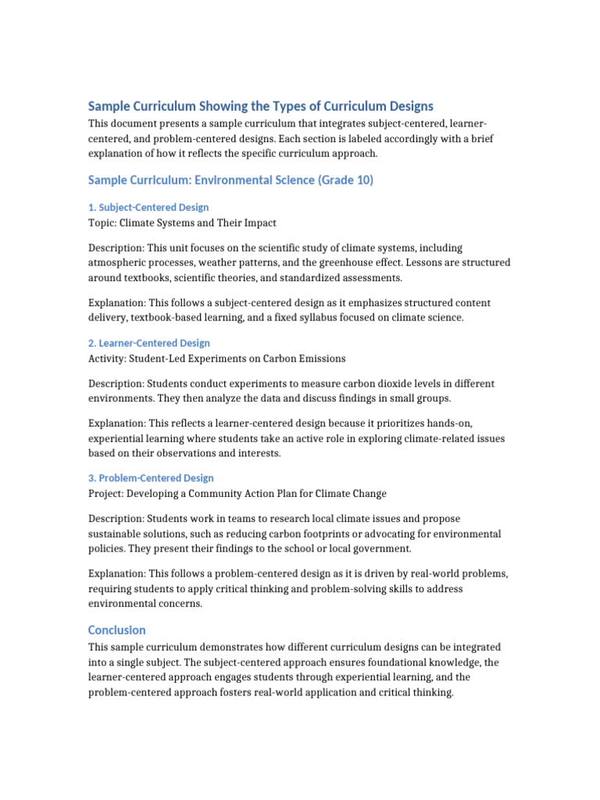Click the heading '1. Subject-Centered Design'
(148, 207)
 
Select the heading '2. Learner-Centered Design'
(148, 343)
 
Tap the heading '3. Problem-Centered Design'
(151, 477)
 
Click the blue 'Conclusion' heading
(117, 630)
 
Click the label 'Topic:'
(102, 223)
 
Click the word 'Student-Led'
(169, 359)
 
